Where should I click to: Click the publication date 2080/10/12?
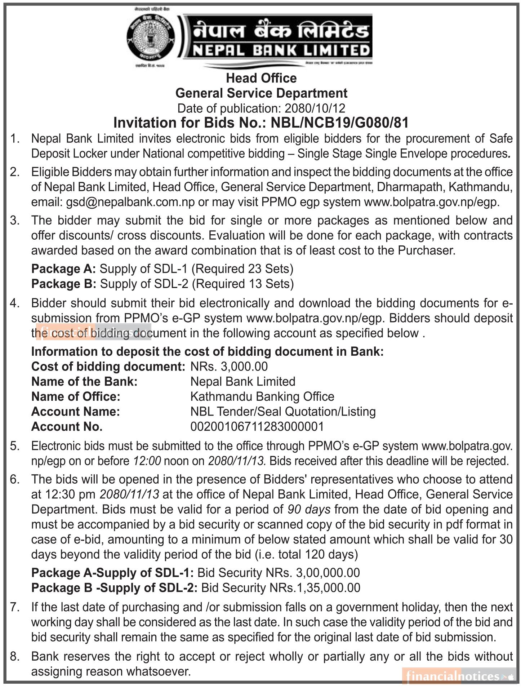[x=315, y=108]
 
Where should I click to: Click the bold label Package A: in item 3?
[x=63, y=268]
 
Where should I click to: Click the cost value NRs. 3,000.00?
[x=229, y=367]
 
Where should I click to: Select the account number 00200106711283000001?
[x=257, y=427]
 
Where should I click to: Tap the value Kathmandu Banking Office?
[x=262, y=396]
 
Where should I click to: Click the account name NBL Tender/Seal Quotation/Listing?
[x=283, y=412]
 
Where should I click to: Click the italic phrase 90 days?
[x=309, y=509]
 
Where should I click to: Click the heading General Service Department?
[x=261, y=93]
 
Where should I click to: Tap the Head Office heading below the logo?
[x=261, y=78]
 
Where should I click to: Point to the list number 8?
[x=15, y=656]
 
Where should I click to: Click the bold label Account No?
[x=67, y=427]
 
